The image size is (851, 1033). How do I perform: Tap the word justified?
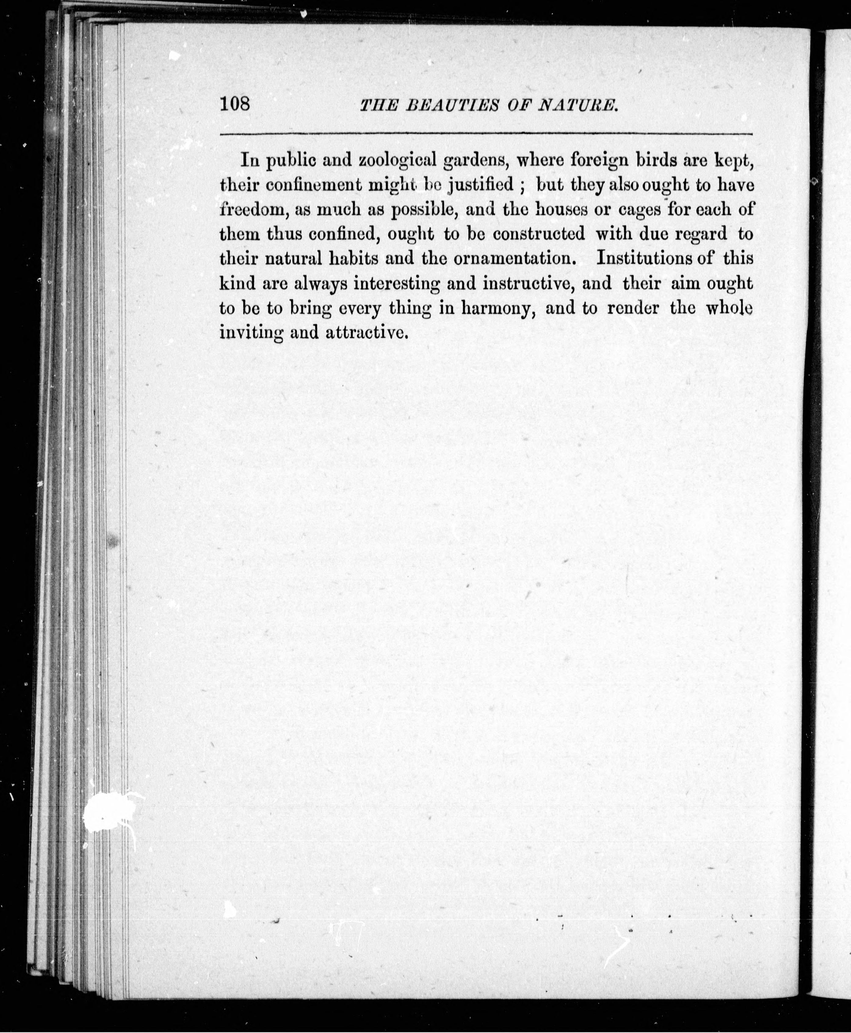pyautogui.click(x=481, y=185)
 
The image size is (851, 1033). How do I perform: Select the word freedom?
pyautogui.click(x=250, y=209)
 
